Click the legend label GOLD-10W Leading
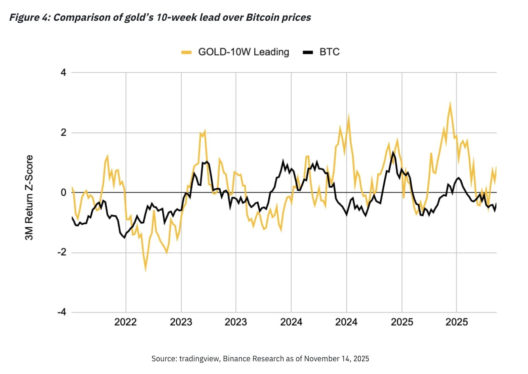pos(244,52)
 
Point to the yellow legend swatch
pos(186,53)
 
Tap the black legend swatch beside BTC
pos(308,53)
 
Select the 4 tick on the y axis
pos(64,73)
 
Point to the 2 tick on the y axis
pos(64,133)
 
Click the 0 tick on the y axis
pos(64,193)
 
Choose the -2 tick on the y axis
pos(62,253)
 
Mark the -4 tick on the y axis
pos(62,313)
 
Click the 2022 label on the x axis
pos(126,322)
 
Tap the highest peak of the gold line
pos(450,103)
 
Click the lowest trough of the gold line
pos(145,269)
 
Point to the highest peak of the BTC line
pos(393,152)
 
